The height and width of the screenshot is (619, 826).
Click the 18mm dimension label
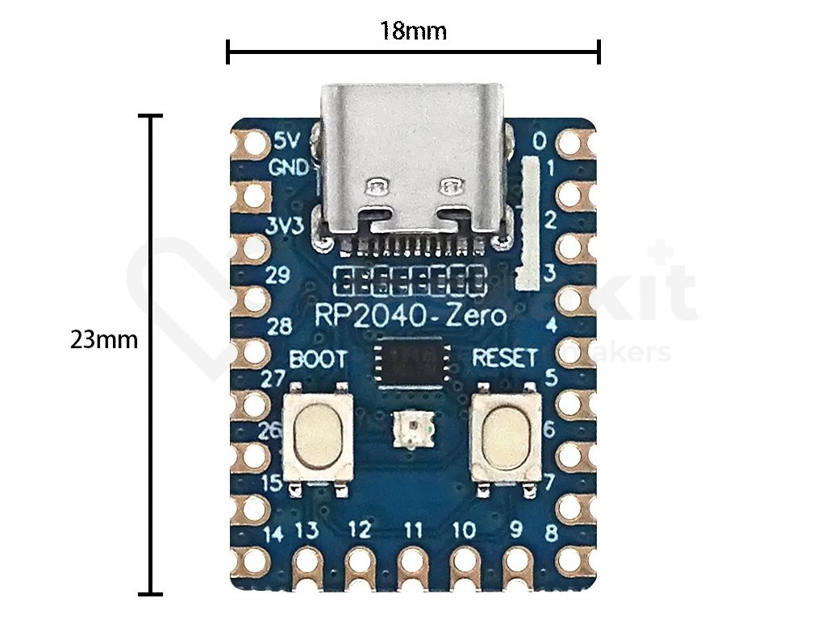[413, 31]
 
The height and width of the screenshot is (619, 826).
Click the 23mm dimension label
[104, 339]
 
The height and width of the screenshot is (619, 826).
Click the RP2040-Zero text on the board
[411, 317]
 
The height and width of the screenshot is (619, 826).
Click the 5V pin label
[287, 141]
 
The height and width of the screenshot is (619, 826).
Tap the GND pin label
[288, 168]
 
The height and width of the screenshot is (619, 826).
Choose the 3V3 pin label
[284, 226]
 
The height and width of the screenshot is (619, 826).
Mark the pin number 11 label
[414, 530]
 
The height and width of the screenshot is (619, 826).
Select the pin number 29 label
[277, 276]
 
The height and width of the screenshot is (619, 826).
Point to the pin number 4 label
[552, 326]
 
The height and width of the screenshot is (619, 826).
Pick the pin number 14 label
[274, 533]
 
